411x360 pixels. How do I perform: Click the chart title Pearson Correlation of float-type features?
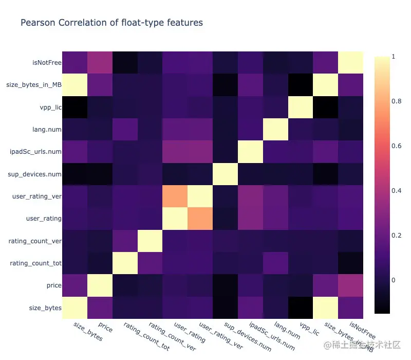click(x=111, y=23)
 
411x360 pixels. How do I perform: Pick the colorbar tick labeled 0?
click(x=393, y=280)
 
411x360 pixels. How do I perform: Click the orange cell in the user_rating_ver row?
click(x=175, y=196)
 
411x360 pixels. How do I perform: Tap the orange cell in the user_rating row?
click(x=200, y=219)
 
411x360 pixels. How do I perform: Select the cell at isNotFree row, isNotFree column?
click(x=350, y=62)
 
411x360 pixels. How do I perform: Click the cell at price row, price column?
click(x=100, y=285)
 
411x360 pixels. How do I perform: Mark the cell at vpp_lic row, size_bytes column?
click(x=74, y=106)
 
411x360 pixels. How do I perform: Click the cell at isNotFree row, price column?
click(x=100, y=62)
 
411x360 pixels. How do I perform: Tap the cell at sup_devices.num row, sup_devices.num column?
click(x=225, y=174)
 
